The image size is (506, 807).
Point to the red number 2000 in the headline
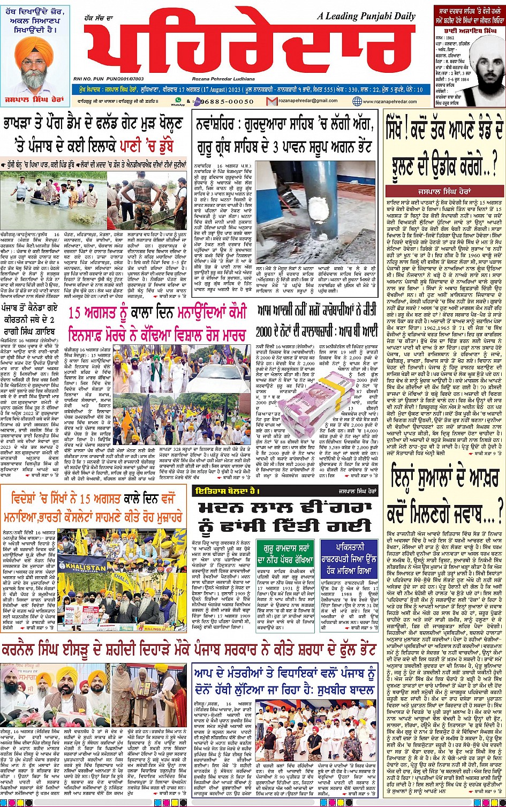[265, 331]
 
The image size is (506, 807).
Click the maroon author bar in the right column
[444, 191]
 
